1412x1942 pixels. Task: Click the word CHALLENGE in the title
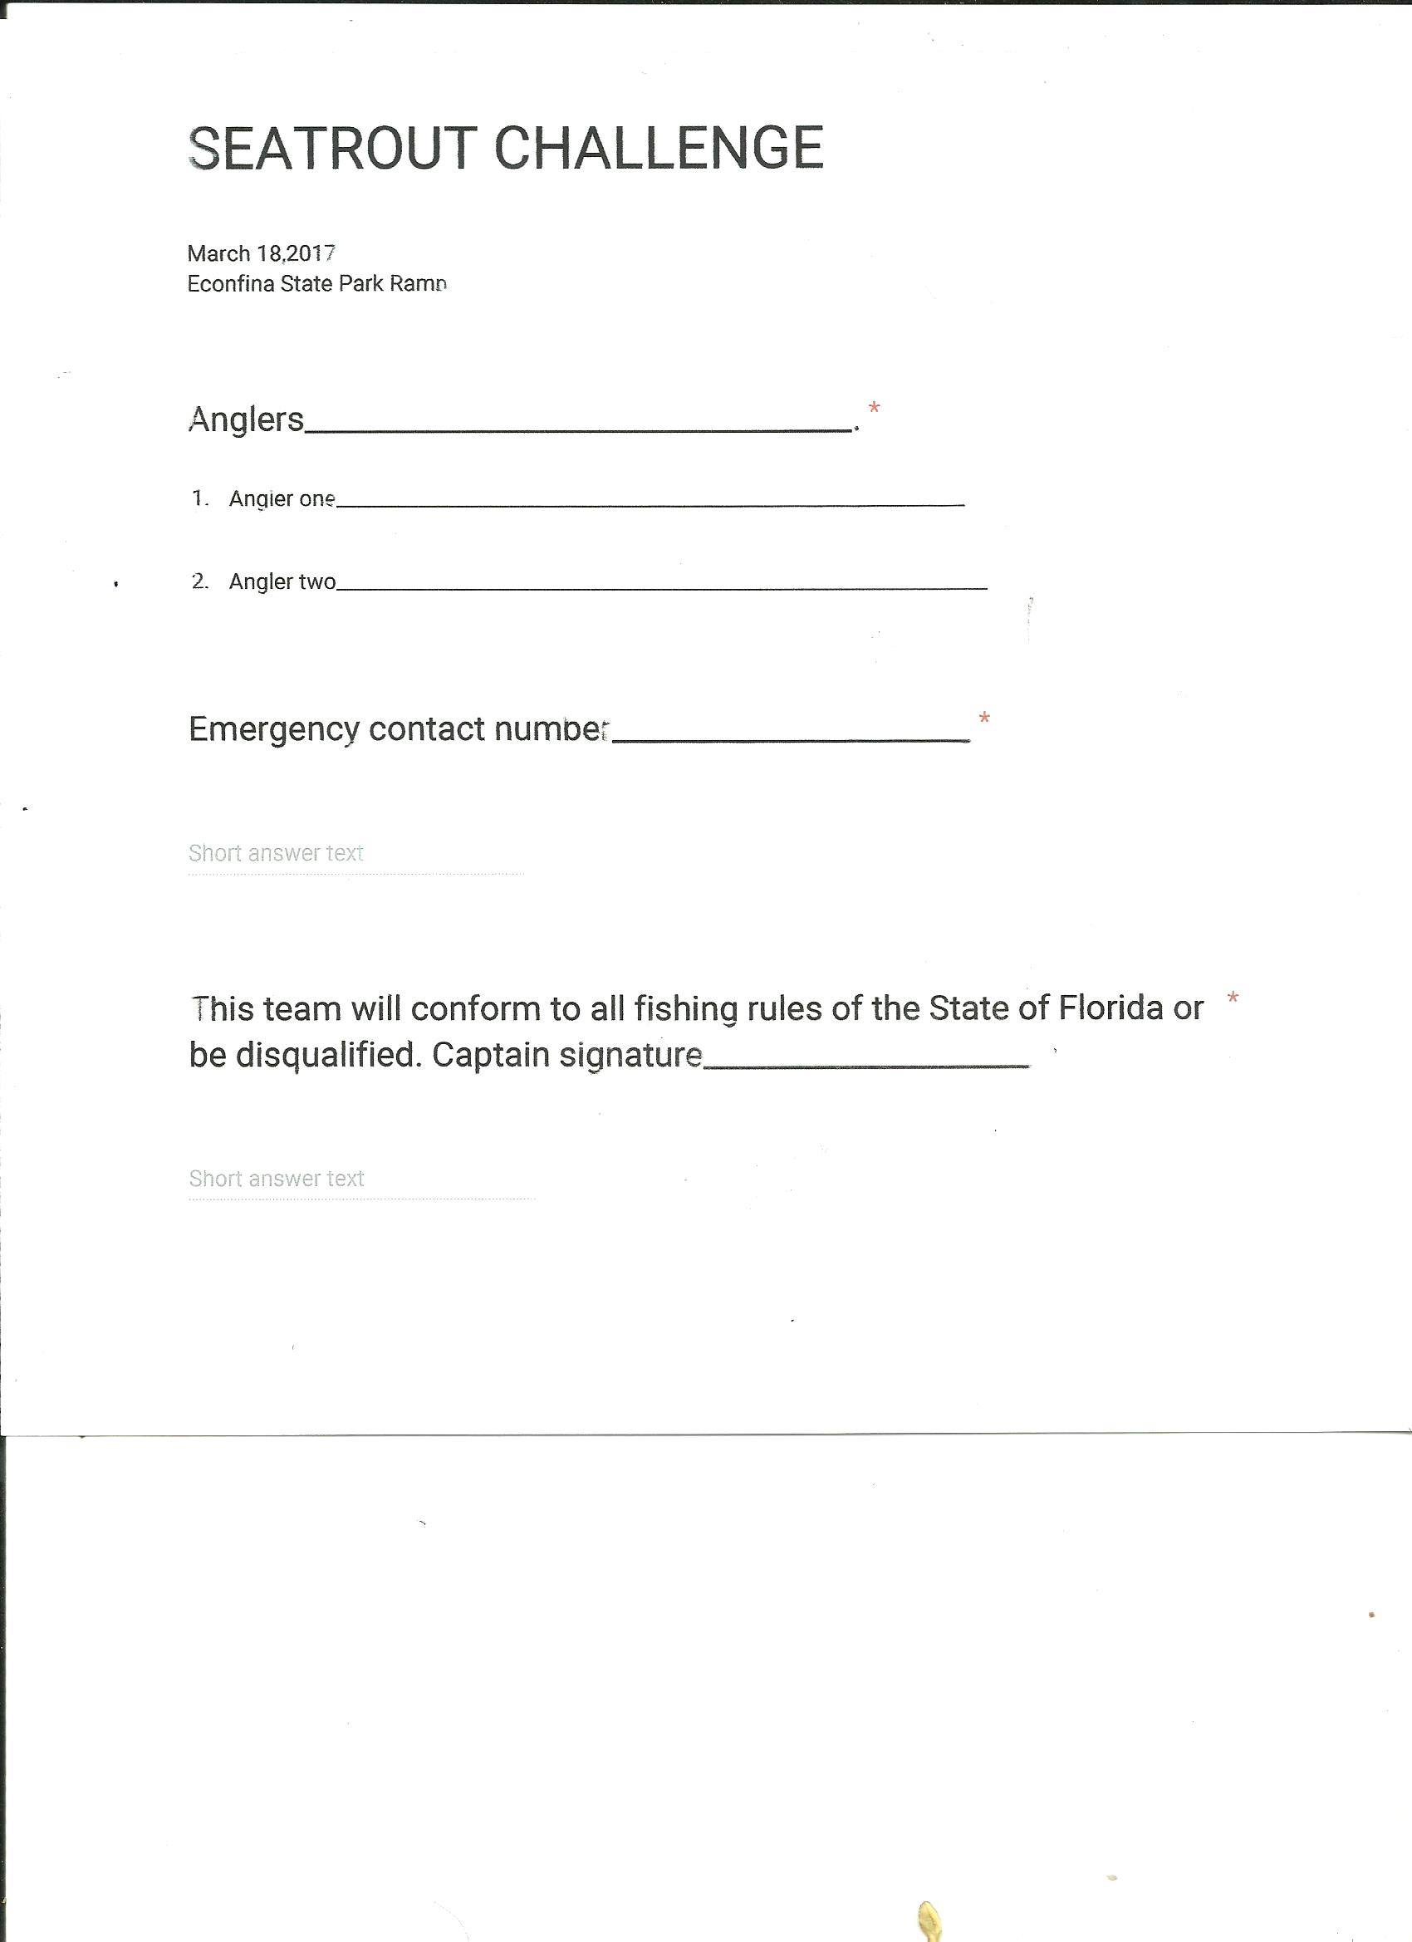(x=659, y=148)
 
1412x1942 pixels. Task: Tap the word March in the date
(x=218, y=253)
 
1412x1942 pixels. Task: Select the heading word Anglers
(x=246, y=419)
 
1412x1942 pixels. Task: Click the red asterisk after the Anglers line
(x=874, y=409)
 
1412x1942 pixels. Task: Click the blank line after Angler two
(x=661, y=587)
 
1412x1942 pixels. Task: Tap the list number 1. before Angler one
(x=200, y=498)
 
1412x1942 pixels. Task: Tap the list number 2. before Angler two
(x=200, y=581)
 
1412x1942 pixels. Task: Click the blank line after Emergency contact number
(x=792, y=739)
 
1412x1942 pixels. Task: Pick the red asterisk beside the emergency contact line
(x=984, y=718)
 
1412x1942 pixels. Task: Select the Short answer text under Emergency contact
(x=276, y=853)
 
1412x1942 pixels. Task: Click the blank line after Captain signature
(x=866, y=1064)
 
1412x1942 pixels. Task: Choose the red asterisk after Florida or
(x=1233, y=998)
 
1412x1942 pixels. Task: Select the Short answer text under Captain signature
(x=277, y=1179)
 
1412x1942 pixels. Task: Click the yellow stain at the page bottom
(x=929, y=1918)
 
